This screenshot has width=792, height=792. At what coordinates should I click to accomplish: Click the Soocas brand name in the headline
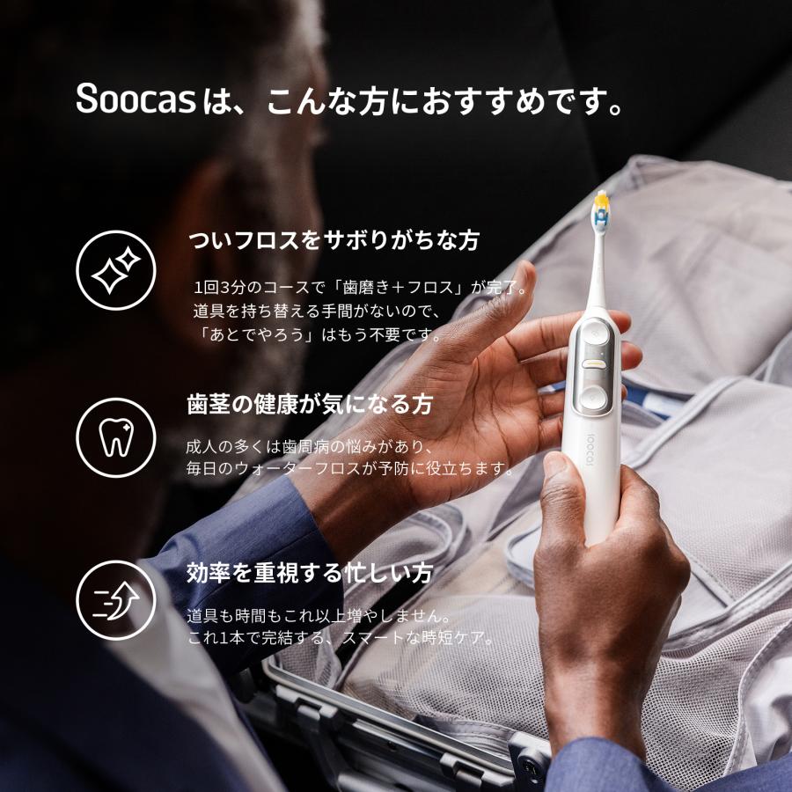point(135,99)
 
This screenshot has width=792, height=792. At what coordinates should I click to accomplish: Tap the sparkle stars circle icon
point(116,269)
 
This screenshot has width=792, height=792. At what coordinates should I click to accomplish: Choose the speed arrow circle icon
point(116,602)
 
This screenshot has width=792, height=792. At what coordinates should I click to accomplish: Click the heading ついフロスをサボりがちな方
point(334,240)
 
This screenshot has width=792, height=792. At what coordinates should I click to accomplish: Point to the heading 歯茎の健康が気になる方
point(310,405)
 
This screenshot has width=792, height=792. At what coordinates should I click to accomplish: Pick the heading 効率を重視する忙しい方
point(310,573)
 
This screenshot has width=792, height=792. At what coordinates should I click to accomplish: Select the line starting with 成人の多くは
point(307,446)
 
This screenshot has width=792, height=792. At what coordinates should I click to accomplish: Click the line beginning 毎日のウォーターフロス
point(349,469)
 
